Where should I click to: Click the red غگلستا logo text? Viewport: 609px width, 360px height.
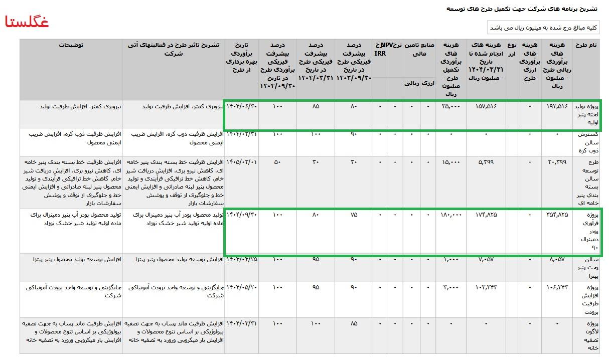pyautogui.click(x=27, y=23)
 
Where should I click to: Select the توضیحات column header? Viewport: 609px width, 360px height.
pyautogui.click(x=71, y=45)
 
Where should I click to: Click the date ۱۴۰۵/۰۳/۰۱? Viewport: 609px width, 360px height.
pyautogui.click(x=242, y=162)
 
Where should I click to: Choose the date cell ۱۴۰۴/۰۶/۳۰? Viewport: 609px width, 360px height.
pyautogui.click(x=242, y=106)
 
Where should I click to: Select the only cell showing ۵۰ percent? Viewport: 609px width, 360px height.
pyautogui.click(x=277, y=162)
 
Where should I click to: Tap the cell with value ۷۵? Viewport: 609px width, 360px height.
pyautogui.click(x=354, y=215)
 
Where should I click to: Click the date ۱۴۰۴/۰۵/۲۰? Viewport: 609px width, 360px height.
pyautogui.click(x=242, y=287)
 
